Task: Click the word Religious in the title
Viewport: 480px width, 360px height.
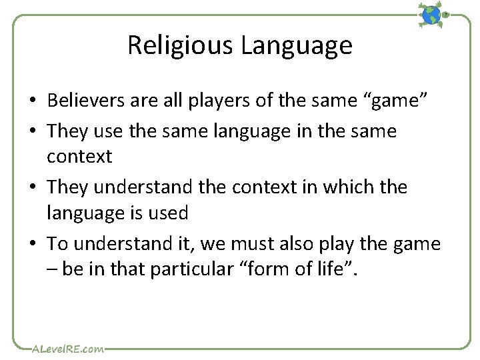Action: click(181, 45)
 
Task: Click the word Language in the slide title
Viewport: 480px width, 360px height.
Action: click(297, 45)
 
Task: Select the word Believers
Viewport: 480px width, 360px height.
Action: click(83, 101)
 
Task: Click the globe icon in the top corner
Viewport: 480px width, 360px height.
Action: click(432, 15)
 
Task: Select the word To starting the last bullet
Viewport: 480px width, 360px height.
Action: click(57, 244)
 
